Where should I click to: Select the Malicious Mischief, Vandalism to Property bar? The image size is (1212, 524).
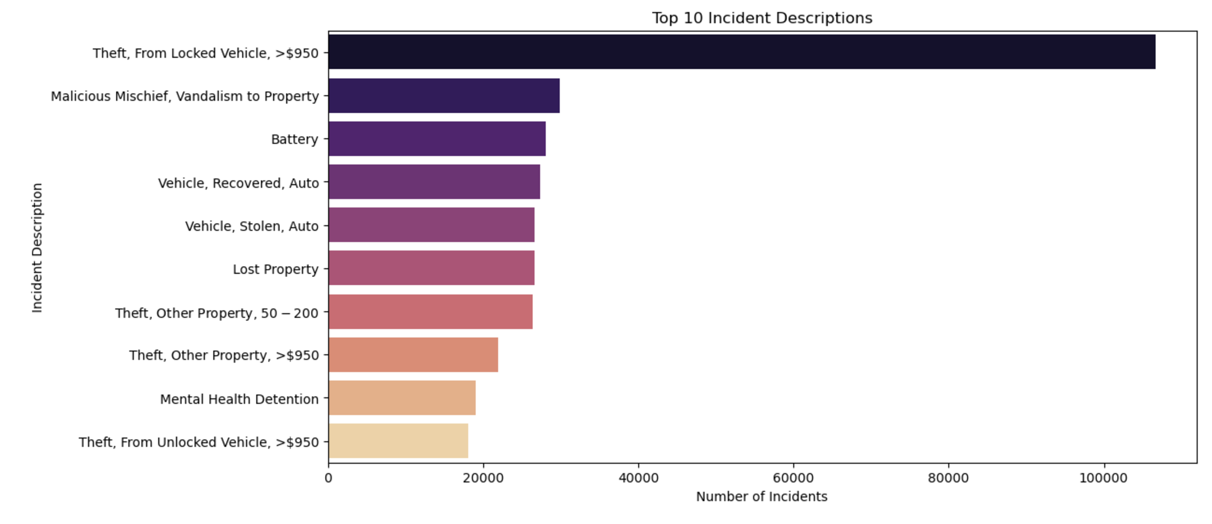(444, 96)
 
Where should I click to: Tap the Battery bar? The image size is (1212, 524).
(437, 139)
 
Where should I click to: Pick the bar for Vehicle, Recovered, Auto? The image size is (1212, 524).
(434, 182)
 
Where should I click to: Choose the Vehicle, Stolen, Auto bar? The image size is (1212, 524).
(431, 225)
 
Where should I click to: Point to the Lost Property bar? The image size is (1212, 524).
(431, 268)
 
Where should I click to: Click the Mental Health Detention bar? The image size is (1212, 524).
(402, 398)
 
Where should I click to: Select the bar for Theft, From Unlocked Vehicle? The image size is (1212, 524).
(398, 441)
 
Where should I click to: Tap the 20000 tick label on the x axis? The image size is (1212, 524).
(483, 478)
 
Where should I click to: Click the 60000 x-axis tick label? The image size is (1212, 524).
(793, 478)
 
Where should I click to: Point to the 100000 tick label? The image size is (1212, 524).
(1103, 478)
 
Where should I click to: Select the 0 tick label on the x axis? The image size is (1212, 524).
(328, 478)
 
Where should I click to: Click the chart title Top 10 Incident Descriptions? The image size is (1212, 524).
(762, 18)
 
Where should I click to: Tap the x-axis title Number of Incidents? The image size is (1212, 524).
(761, 497)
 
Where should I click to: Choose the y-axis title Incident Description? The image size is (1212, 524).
(37, 248)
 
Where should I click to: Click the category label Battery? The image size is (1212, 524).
(295, 139)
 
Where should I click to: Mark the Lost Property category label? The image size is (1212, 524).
(276, 269)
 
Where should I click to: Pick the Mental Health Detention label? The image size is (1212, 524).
(239, 399)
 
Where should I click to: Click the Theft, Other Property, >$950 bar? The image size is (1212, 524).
(413, 355)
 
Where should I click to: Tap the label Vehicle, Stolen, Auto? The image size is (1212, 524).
(252, 227)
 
